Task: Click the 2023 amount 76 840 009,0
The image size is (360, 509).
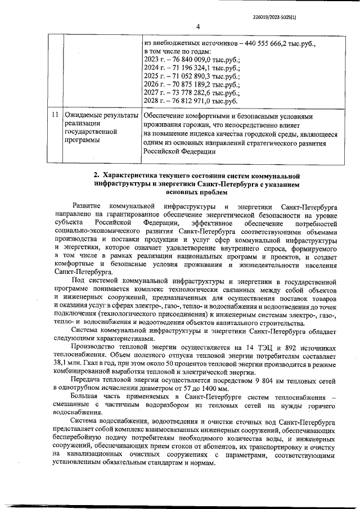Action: click(x=194, y=60)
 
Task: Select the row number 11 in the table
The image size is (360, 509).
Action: click(x=55, y=115)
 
